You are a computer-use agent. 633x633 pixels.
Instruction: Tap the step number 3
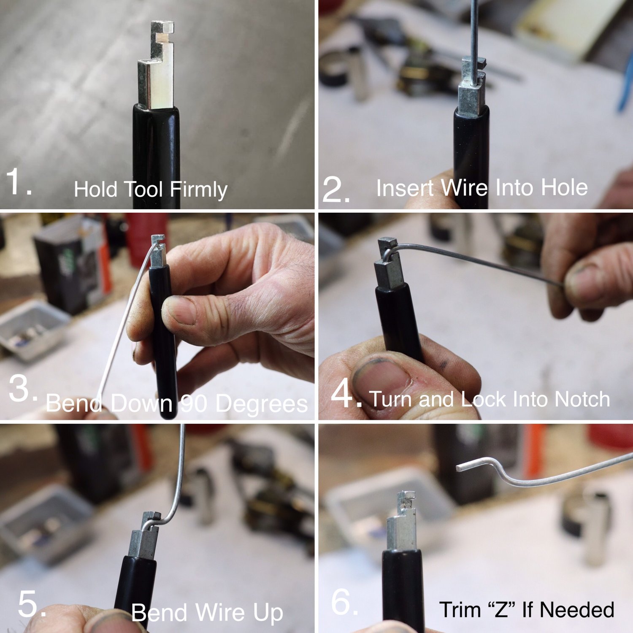click(22, 389)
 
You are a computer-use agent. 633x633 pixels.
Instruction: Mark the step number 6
click(344, 602)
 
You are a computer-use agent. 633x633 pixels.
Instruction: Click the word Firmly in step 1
click(199, 189)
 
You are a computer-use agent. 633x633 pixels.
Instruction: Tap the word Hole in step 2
click(564, 187)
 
